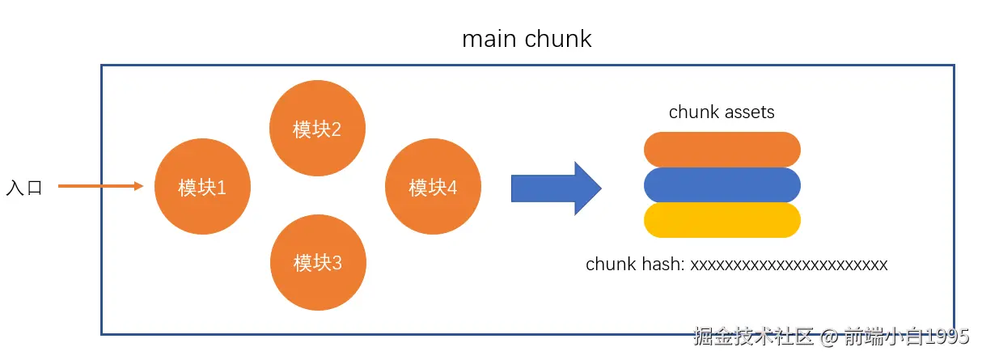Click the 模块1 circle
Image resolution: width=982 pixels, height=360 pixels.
tap(202, 186)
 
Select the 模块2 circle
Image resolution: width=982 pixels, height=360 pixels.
tap(317, 128)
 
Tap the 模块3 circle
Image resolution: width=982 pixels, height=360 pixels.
tap(318, 262)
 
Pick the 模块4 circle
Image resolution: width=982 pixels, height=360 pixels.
tap(433, 186)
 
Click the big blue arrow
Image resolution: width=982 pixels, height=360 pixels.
tap(557, 188)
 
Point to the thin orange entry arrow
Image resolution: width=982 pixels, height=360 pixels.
tap(101, 186)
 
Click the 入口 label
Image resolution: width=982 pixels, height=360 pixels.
tap(24, 188)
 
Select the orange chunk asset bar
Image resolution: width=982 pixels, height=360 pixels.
tap(722, 150)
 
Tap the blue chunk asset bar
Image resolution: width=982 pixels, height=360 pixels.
tap(722, 185)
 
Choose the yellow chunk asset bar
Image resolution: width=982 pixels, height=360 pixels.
tap(722, 220)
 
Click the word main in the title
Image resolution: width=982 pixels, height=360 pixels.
tap(489, 39)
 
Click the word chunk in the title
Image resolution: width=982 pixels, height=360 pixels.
tap(558, 39)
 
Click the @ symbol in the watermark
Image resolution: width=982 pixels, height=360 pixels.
tap(829, 337)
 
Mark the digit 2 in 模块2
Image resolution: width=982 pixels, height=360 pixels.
tap(336, 129)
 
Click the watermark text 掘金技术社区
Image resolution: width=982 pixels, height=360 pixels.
tap(753, 337)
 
